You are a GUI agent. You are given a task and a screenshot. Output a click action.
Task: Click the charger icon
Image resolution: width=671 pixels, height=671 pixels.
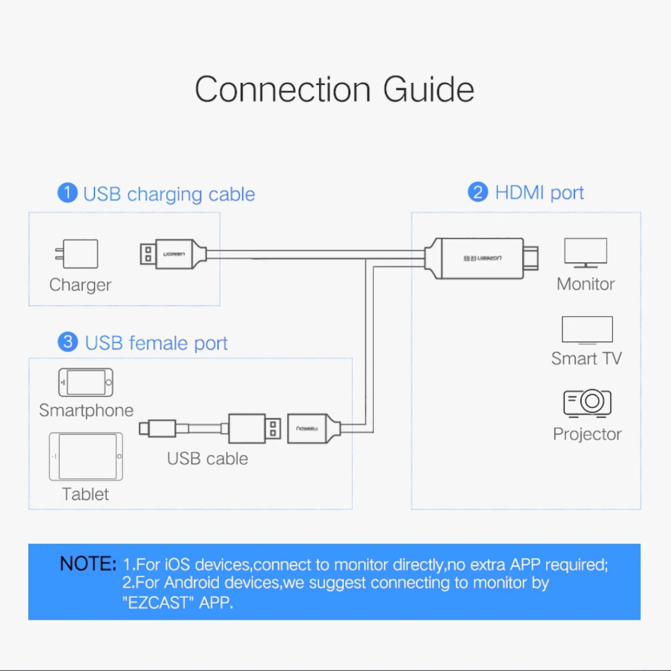pos(77,254)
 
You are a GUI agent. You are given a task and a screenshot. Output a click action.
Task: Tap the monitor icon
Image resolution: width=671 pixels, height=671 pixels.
pos(585,252)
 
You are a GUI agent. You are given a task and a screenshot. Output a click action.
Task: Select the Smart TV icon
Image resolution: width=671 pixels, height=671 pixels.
pos(587,330)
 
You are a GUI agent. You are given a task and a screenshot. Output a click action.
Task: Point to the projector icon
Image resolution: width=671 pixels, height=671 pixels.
pos(587,402)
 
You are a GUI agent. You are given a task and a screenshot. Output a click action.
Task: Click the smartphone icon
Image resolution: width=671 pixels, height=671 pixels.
pos(86,382)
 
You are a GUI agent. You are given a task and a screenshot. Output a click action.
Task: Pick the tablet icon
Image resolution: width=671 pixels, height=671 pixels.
pos(86,456)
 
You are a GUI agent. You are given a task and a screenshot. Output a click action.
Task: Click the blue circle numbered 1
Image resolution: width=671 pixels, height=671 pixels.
pos(68,193)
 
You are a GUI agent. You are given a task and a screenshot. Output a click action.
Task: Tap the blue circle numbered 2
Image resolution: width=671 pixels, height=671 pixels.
pos(477,192)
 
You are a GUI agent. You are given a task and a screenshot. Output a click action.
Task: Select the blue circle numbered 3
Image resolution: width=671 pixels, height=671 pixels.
pos(68,342)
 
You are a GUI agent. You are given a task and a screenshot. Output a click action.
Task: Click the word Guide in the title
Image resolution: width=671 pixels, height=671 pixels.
pos(428,90)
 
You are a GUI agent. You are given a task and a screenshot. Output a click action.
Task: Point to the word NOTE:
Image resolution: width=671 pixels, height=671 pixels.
pos(87,564)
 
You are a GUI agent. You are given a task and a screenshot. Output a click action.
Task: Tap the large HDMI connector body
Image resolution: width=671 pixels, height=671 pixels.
pos(482,258)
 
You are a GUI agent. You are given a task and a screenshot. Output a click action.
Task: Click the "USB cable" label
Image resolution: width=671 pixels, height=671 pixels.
pos(207,458)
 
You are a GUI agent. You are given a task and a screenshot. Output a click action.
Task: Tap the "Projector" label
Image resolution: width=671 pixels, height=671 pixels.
pos(587,434)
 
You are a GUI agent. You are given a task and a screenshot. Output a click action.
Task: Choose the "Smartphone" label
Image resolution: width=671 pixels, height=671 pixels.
pos(86,410)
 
